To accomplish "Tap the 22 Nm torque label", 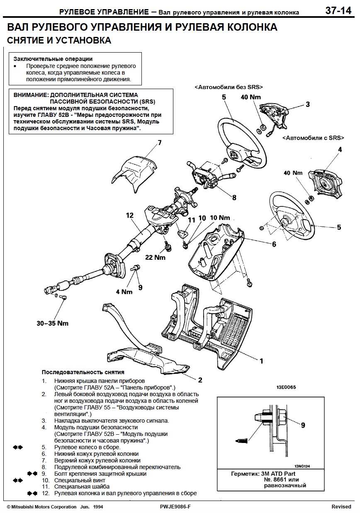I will pos(155,257).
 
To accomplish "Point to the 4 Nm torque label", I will pos(124,292).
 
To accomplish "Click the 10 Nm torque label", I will pos(219,218).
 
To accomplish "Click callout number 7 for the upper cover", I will pos(159,143).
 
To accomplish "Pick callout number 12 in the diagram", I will pos(129,215).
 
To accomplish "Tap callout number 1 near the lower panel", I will pos(261,361).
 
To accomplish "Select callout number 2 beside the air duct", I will pos(200,380).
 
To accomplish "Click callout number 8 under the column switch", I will pos(234,198).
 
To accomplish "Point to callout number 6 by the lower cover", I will pos(274,244).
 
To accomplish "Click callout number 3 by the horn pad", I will pos(307,104).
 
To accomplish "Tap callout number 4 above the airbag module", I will pos(340,149).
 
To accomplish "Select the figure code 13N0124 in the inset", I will pos(302,466).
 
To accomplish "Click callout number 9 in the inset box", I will pos(303,425).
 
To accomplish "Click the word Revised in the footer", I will pos(341,507).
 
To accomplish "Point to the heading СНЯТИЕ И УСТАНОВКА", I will pos(59,41).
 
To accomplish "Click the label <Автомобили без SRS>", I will pos(229,87).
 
